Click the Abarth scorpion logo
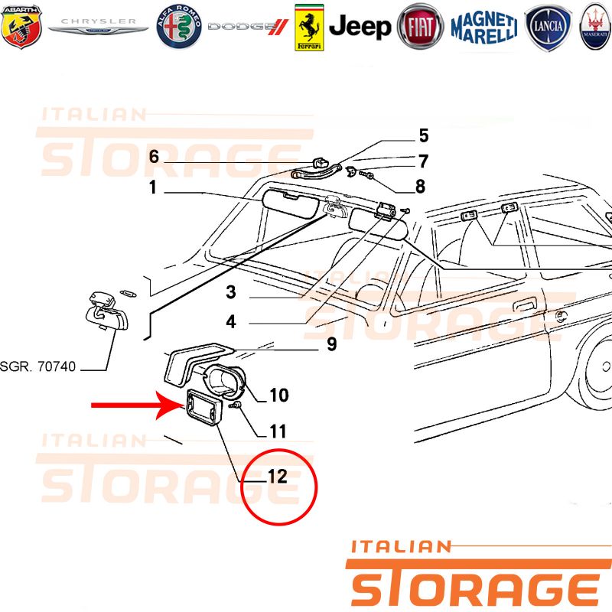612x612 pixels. (21, 27)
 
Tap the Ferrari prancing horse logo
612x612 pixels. (309, 28)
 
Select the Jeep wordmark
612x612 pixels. (360, 27)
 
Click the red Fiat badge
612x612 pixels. (420, 27)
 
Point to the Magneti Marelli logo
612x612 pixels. (484, 28)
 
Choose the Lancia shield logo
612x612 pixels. (548, 28)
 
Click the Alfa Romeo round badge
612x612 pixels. (179, 27)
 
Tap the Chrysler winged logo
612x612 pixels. (98, 26)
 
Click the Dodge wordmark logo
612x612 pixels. (248, 27)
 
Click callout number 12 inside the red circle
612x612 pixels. (278, 477)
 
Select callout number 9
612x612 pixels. (331, 344)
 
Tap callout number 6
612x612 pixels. (155, 157)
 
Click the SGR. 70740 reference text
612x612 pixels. (37, 366)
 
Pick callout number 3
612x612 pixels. (231, 292)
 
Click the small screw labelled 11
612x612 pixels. (235, 405)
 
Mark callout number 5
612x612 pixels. (424, 136)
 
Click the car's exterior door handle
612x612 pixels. (526, 304)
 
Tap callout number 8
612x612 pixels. (420, 187)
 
